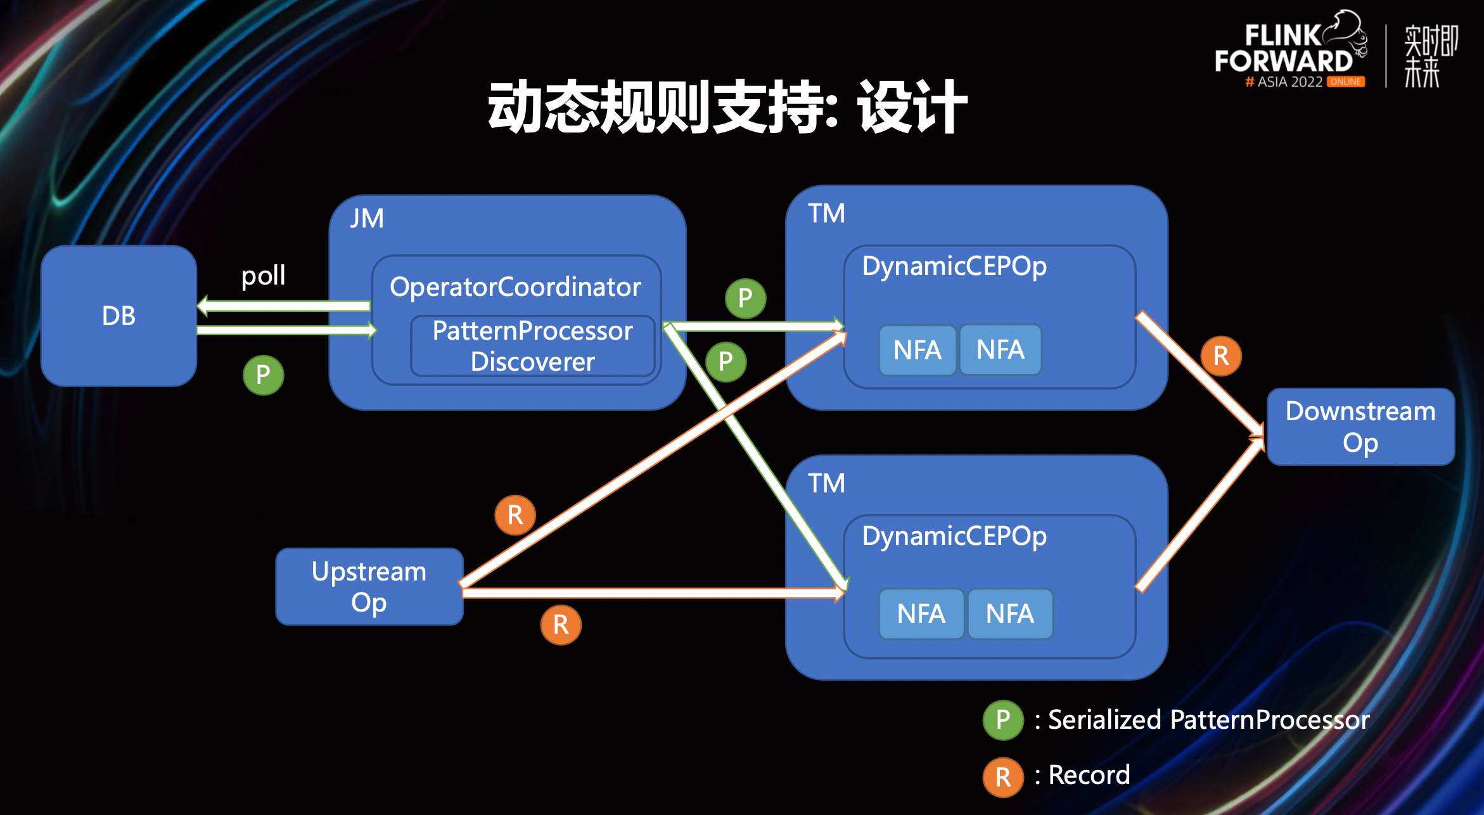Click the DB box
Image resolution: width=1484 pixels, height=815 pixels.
(118, 316)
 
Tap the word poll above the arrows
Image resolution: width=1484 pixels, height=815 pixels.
(263, 276)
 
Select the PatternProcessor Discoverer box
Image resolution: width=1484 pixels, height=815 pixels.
(532, 346)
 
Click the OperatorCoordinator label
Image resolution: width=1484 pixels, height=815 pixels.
(515, 287)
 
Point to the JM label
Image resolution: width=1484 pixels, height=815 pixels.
(367, 219)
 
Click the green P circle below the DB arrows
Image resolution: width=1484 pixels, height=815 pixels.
(263, 375)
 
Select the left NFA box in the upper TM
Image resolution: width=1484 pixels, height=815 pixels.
(917, 350)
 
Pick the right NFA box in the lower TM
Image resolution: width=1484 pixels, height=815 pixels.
(1009, 613)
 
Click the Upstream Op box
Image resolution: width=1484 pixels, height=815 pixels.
(369, 587)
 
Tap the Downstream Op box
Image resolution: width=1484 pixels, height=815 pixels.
(1360, 427)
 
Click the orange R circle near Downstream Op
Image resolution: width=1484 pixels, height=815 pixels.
(1220, 356)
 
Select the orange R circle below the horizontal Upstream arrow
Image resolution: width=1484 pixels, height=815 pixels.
(561, 625)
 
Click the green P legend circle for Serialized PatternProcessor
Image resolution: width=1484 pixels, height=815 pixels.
(1002, 720)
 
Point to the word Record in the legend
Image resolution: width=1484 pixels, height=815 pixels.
(1089, 775)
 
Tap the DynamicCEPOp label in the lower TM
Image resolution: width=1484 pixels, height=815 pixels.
(954, 536)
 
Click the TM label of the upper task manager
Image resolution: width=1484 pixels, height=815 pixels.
(826, 214)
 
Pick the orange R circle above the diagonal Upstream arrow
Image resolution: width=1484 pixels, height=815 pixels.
(515, 515)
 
